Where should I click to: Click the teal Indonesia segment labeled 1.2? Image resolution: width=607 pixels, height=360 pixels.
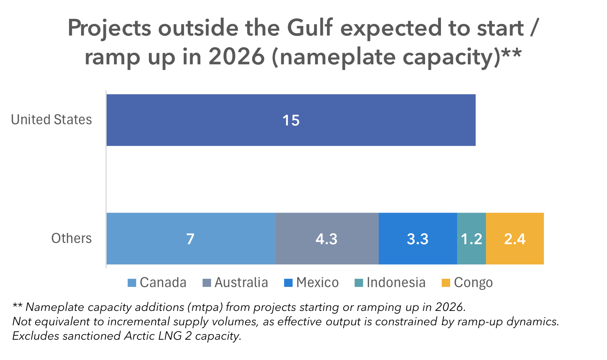pyautogui.click(x=472, y=239)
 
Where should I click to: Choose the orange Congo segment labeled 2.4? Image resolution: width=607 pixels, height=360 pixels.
pyautogui.click(x=515, y=239)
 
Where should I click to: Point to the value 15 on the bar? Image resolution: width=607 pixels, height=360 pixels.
pyautogui.click(x=291, y=121)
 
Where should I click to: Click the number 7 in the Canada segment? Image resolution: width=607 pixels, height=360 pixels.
pyautogui.click(x=190, y=239)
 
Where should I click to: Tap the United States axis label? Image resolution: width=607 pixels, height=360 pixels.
pyautogui.click(x=51, y=120)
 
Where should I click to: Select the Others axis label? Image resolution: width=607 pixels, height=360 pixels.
pyautogui.click(x=71, y=239)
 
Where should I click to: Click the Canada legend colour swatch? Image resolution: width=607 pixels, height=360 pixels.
pyautogui.click(x=132, y=283)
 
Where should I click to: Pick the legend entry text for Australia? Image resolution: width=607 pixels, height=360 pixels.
pyautogui.click(x=241, y=283)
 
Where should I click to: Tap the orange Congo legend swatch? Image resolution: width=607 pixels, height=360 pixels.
pyautogui.click(x=446, y=283)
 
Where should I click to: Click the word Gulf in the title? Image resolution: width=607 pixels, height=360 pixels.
pyautogui.click(x=310, y=28)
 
